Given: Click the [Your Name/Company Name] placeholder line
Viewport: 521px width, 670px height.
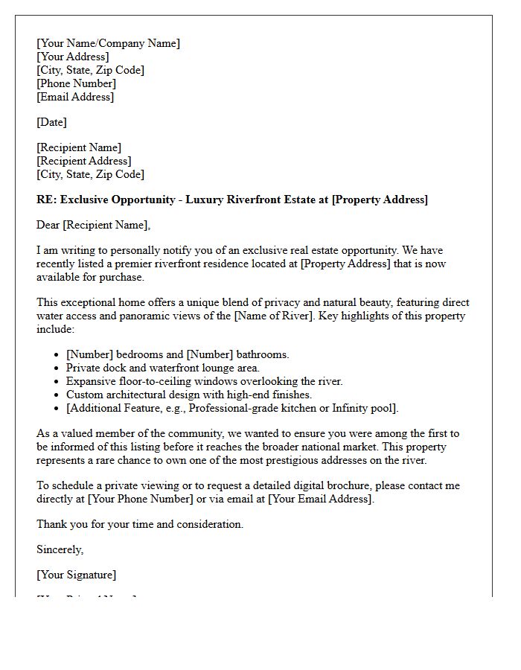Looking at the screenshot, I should pyautogui.click(x=108, y=43).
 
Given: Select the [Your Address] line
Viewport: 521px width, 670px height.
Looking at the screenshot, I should pyautogui.click(x=72, y=57).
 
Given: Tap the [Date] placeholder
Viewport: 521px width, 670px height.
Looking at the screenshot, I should pyautogui.click(x=51, y=122).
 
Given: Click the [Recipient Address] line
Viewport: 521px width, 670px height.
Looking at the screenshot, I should pyautogui.click(x=83, y=161).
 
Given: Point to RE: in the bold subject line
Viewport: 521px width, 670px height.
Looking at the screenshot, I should pyautogui.click(x=46, y=200).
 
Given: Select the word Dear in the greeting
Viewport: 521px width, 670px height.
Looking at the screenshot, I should pyautogui.click(x=48, y=225).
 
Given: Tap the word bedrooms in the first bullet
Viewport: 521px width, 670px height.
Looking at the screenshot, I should pyautogui.click(x=139, y=354).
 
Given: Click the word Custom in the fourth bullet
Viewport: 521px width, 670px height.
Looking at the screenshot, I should pyautogui.click(x=84, y=395).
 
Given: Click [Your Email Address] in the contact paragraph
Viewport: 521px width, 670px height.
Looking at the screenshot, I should pyautogui.click(x=319, y=499).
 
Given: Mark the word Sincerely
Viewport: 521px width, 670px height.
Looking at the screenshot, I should pyautogui.click(x=60, y=549).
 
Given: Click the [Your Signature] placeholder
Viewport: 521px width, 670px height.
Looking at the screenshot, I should pyautogui.click(x=76, y=575).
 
